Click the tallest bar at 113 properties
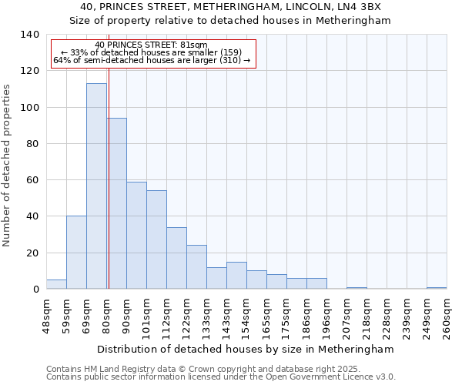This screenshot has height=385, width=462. tap(96, 186)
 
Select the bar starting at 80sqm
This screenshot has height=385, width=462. tap(117, 203)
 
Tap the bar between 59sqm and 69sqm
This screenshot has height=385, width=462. tap(76, 253)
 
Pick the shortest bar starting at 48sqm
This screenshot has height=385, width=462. tap(56, 284)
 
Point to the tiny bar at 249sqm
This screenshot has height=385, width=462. tap(437, 288)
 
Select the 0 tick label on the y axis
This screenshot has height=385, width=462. tap(35, 290)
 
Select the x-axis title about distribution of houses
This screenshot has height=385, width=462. tap(246, 349)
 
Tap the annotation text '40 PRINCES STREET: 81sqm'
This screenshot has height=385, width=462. tap(152, 45)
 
